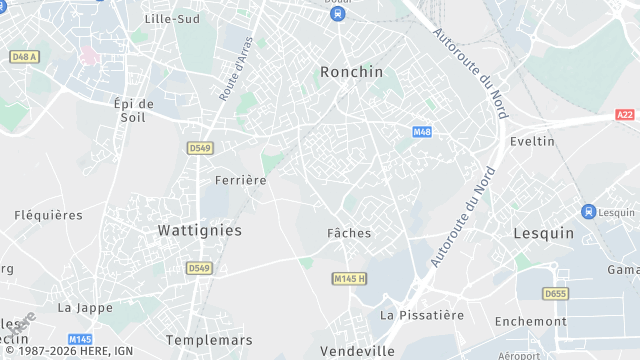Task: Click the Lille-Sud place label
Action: coord(172,19)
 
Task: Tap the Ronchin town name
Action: coord(351,72)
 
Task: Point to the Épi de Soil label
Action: coord(133,110)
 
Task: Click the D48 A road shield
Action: coord(23,57)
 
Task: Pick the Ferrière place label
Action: coord(241,180)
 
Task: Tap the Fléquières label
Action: coord(48,215)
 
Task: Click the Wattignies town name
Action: coord(200,230)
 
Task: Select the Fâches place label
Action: coord(349,233)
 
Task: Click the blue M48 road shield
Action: coord(422,132)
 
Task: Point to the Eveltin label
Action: coord(532,141)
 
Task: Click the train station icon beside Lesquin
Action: coord(588,211)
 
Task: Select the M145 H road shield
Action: coord(350,278)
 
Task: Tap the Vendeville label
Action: coord(358,351)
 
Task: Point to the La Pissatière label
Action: coord(422,315)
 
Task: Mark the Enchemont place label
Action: coord(530,321)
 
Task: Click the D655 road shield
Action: coord(554,293)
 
